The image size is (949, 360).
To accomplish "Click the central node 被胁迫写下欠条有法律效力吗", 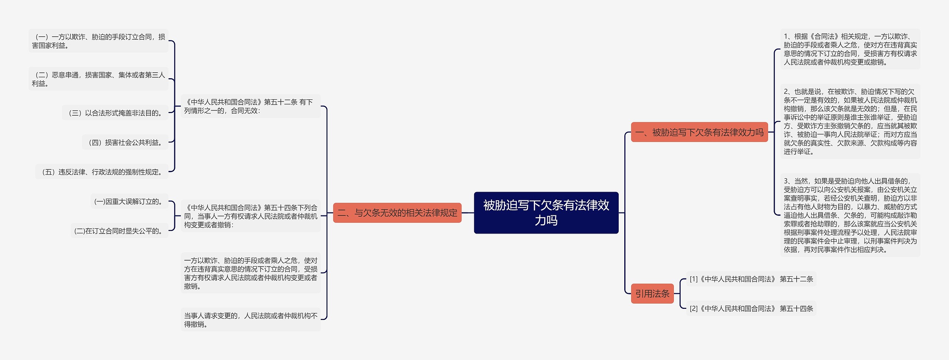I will point(546,212).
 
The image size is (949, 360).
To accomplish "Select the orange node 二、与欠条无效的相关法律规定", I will point(397,213).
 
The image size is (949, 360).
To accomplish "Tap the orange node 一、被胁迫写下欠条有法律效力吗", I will point(699,132).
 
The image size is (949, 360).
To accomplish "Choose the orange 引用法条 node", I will point(652,294).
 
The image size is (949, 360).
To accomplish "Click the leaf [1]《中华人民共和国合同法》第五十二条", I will point(751,279).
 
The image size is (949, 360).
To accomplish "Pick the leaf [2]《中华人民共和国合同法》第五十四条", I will point(751,308).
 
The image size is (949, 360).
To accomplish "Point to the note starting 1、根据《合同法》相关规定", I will point(850,49).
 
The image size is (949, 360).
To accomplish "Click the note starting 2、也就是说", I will point(850,122).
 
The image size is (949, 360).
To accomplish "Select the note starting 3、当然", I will point(850,215).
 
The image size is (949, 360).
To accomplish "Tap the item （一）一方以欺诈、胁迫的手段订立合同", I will point(98,41).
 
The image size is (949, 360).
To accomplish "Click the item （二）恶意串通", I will point(98,79).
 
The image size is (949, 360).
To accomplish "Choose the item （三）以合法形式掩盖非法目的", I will point(115,113).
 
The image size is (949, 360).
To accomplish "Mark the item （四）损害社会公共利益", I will point(125,143).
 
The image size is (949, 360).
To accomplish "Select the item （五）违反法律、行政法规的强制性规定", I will point(102,172).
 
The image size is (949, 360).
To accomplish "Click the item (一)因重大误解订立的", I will point(129,202).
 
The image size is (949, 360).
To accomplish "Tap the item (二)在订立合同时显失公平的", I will point(119,231).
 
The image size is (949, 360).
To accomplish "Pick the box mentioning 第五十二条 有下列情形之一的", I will point(251,106).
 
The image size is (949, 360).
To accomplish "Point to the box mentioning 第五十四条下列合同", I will point(251,216).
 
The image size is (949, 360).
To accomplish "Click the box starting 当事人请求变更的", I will point(251,320).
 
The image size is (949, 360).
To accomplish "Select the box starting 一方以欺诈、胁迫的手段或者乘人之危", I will point(251,273).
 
